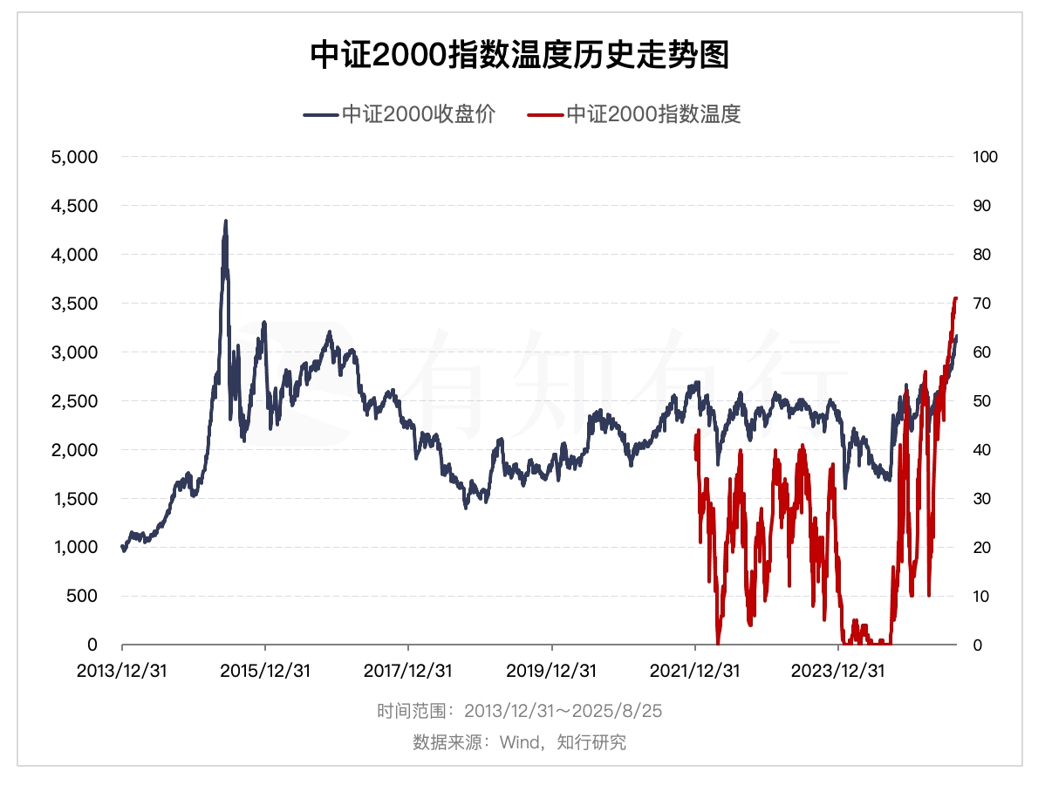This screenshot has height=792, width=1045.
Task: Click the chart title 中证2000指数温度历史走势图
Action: coord(520,57)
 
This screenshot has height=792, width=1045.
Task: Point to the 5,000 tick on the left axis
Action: coord(74,157)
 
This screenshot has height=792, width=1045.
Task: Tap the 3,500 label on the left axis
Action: coord(74,304)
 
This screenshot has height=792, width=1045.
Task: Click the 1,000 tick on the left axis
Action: coord(74,548)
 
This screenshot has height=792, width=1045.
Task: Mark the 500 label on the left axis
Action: coord(84,597)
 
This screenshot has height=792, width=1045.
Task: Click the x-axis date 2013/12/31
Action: coord(122,671)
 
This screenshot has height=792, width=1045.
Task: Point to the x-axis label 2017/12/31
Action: coord(408,671)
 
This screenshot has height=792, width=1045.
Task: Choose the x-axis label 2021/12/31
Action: coord(694,671)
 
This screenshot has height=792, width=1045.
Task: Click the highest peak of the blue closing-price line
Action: coord(226,222)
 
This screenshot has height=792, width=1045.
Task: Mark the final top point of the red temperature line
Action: coord(955,298)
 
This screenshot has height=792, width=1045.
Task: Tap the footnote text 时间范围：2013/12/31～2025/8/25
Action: coord(520,711)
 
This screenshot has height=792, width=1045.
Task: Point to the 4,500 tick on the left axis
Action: coord(74,206)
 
